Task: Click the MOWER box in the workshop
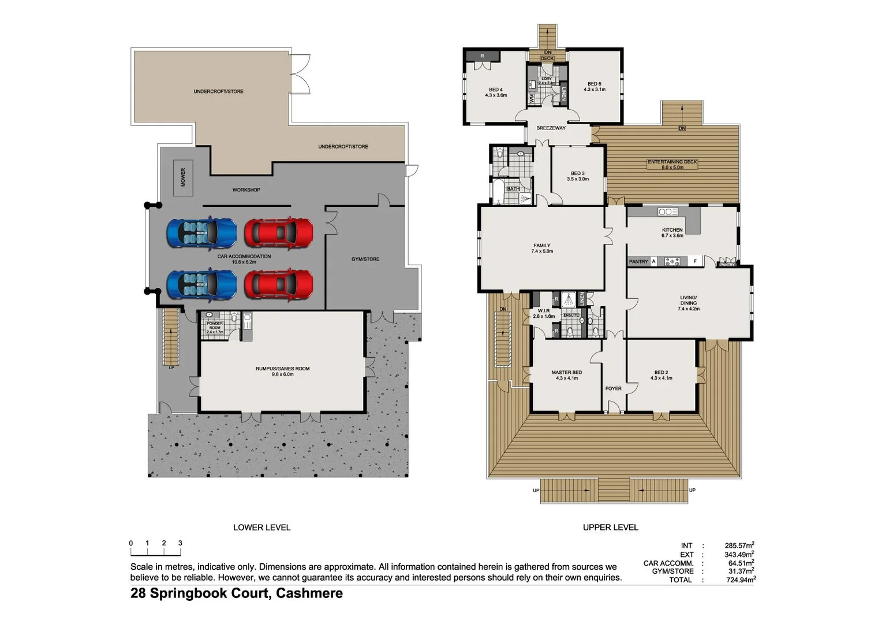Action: pyautogui.click(x=183, y=177)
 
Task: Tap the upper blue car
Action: pyautogui.click(x=201, y=232)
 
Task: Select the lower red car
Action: pyautogui.click(x=278, y=284)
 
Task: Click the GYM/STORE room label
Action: pyautogui.click(x=365, y=259)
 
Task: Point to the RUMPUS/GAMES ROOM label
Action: pyautogui.click(x=282, y=371)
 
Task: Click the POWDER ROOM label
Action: pyautogui.click(x=215, y=328)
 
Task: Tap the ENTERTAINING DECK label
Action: pyautogui.click(x=672, y=165)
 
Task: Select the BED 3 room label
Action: pyautogui.click(x=577, y=176)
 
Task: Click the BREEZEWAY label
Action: pyautogui.click(x=551, y=128)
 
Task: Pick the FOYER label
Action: pyautogui.click(x=613, y=389)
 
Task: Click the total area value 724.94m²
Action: pyautogui.click(x=741, y=580)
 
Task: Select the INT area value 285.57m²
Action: pyautogui.click(x=739, y=545)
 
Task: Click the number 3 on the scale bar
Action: pyautogui.click(x=180, y=543)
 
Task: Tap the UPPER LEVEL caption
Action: pyautogui.click(x=610, y=528)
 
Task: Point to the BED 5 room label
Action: pyautogui.click(x=594, y=87)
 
